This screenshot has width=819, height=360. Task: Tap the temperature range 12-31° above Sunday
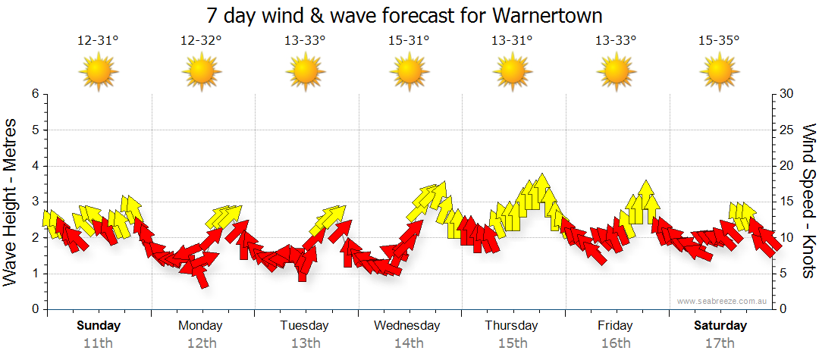(x=98, y=41)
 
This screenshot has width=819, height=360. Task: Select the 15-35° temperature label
(x=719, y=41)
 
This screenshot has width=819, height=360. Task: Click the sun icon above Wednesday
(x=409, y=73)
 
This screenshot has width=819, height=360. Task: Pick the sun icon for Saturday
(x=719, y=73)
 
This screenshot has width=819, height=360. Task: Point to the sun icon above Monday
(x=202, y=73)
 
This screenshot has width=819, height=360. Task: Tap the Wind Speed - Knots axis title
(x=808, y=201)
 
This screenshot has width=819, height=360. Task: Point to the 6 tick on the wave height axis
(x=35, y=94)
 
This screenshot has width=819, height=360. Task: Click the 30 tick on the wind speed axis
(x=786, y=94)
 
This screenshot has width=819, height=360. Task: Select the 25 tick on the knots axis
(x=786, y=130)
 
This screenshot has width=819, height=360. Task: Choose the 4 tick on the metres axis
(x=35, y=166)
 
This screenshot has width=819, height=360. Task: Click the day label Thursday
(x=512, y=326)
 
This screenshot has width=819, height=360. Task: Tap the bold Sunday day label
(x=98, y=326)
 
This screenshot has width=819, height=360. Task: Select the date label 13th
(x=305, y=343)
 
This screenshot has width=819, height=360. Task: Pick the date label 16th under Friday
(x=615, y=343)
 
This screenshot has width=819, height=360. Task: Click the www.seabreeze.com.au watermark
(x=723, y=301)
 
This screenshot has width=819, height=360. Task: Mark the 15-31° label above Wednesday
(x=409, y=41)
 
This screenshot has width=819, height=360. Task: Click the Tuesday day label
(x=305, y=326)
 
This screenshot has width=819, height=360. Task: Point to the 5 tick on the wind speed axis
(x=783, y=274)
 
